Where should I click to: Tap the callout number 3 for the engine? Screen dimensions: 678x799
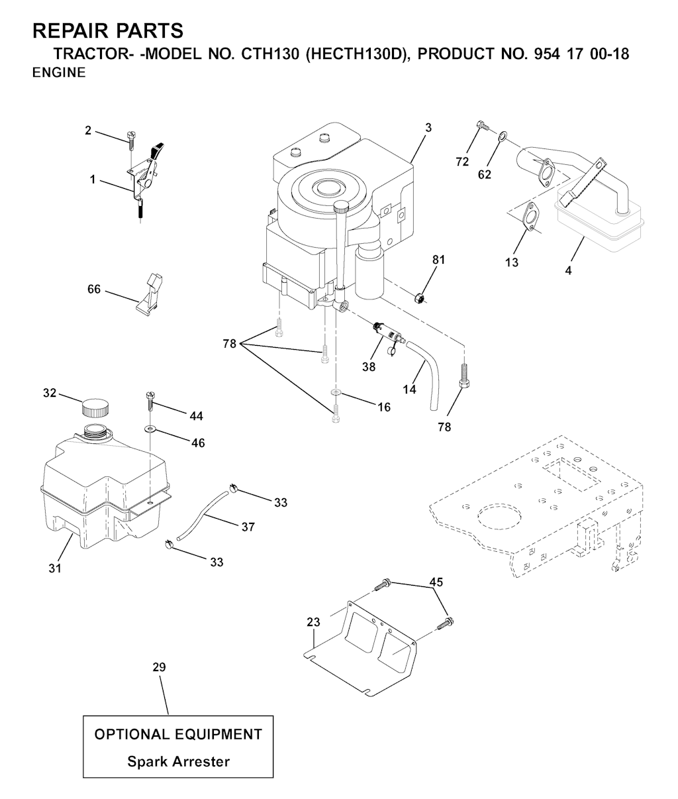pos(428,128)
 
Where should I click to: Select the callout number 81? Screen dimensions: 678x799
pos(438,260)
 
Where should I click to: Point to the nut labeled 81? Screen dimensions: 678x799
pos(419,298)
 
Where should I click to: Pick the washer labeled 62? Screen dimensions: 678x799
pos(503,135)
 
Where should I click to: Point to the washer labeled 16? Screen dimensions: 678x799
pos(336,393)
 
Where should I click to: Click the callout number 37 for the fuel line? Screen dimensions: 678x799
pos(248,527)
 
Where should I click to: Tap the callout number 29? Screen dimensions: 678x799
pos(159,678)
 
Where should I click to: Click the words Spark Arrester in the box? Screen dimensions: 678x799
pos(179,761)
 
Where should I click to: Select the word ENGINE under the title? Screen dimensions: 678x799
pos(59,73)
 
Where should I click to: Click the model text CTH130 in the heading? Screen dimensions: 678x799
pos(270,54)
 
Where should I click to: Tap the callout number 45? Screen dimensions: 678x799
pos(436,582)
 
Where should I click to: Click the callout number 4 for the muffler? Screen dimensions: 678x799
pos(568,270)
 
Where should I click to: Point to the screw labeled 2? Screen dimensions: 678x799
pos(130,142)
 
